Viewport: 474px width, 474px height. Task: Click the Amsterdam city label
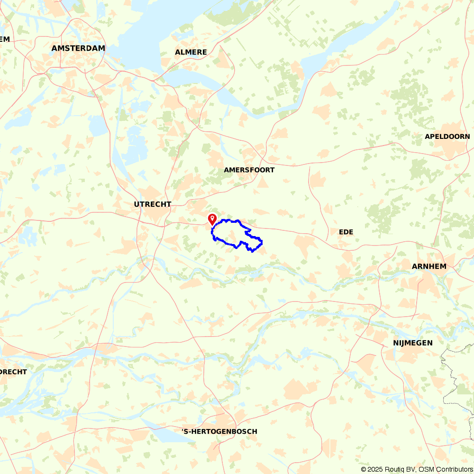(78, 48)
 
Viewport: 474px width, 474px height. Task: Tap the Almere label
(191, 52)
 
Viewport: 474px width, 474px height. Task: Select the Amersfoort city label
(249, 170)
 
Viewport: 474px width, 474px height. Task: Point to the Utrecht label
(152, 204)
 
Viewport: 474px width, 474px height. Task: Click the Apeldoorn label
(447, 136)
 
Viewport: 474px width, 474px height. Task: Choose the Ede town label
(346, 232)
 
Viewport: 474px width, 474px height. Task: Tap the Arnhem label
(429, 266)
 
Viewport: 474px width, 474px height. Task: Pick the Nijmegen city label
(412, 343)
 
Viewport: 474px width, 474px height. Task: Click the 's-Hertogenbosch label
(219, 431)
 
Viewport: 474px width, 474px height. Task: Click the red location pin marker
(212, 219)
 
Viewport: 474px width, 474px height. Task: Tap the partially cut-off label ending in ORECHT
(13, 372)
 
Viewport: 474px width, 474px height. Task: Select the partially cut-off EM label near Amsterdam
(5, 39)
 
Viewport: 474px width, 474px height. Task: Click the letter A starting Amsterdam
(55, 48)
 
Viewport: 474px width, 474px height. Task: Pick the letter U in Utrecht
(137, 204)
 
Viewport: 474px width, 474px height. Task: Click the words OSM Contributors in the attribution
(445, 469)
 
